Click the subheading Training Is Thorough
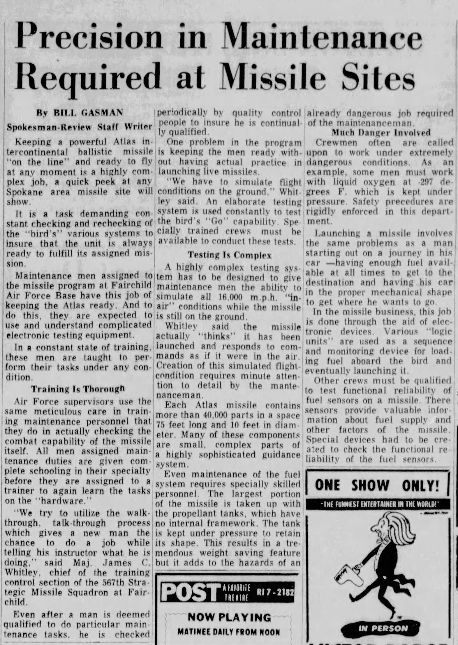point(78,389)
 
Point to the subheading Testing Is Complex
point(230,255)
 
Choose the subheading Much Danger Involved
point(381,133)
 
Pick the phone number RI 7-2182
point(275,592)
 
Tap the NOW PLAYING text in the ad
point(229,617)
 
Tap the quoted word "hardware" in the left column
point(63,501)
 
